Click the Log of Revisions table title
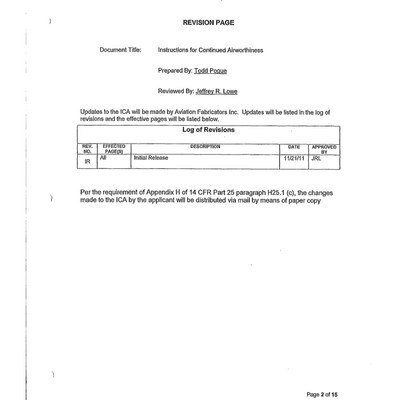tap(209, 130)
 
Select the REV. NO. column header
tap(87, 148)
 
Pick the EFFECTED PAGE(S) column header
tap(114, 148)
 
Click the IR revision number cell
tap(87, 160)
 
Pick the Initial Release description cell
tap(151, 157)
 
